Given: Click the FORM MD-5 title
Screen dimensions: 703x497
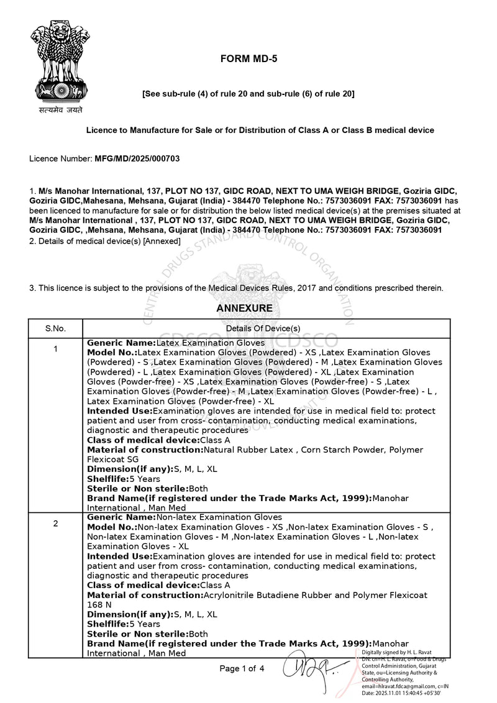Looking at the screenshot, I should coord(248,59).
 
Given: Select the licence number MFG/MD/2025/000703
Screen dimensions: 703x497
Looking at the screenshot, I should coord(137,159).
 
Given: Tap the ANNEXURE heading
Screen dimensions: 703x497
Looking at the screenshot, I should coord(244,308).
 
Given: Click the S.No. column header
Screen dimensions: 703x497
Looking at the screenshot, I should coord(55,328).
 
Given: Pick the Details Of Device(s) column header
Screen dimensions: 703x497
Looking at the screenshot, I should coord(263,328).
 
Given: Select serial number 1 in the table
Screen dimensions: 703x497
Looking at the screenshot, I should coord(55,349).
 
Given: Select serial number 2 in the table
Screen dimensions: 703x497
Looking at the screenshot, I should coord(55,524).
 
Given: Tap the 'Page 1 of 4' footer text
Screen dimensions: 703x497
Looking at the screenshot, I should coord(242,668).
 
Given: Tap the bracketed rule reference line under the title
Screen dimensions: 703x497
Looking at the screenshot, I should coord(248,94).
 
